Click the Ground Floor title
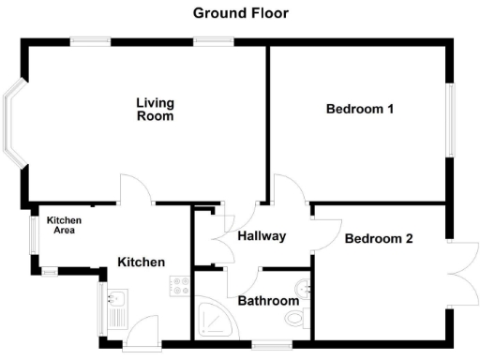[x=240, y=13]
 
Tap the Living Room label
[x=156, y=109]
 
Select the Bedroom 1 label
[x=359, y=109]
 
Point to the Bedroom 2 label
[x=379, y=238]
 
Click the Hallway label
[x=262, y=236]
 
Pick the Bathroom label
[x=268, y=301]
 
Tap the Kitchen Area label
[x=65, y=225]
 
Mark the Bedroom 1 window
[x=450, y=120]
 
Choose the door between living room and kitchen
[x=137, y=190]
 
